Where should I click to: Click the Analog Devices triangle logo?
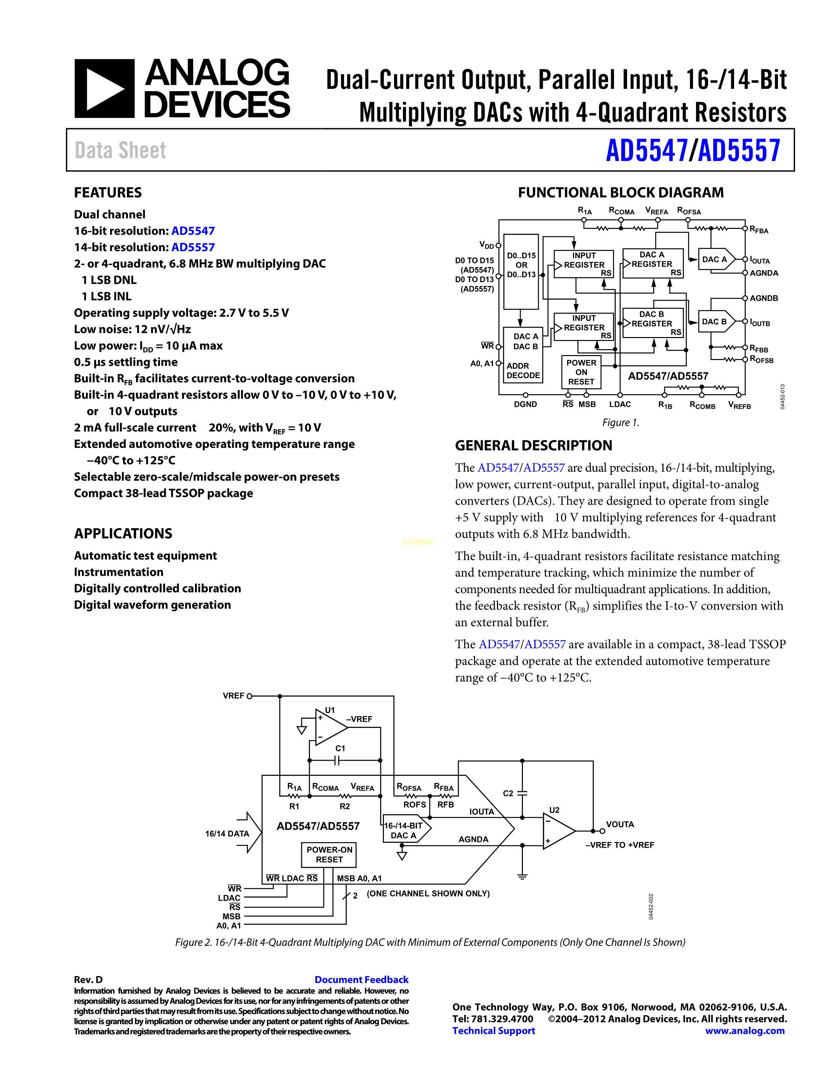[x=104, y=89]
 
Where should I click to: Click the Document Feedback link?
[x=362, y=979]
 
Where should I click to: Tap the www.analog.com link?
[x=745, y=1031]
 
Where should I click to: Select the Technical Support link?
[x=494, y=1031]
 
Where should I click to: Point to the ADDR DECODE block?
[x=523, y=371]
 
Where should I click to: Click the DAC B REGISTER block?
[x=653, y=323]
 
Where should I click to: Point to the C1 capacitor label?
[x=340, y=748]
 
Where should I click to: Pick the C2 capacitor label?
[x=508, y=793]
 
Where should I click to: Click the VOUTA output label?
[x=620, y=824]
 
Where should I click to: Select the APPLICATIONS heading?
[x=123, y=533]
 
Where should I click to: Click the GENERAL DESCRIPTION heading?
[x=533, y=445]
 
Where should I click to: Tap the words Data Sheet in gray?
[x=120, y=150]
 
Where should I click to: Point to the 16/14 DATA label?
[x=227, y=834]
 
